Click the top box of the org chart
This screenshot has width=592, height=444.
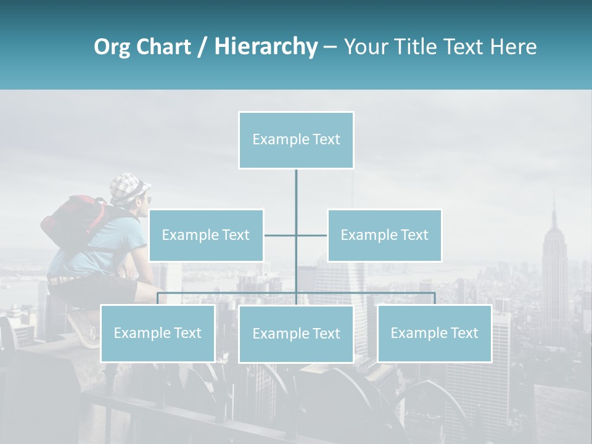tap(296, 140)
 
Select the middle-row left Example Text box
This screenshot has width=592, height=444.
tap(206, 235)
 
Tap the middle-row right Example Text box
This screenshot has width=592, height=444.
tap(384, 235)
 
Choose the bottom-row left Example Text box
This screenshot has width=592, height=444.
tap(157, 333)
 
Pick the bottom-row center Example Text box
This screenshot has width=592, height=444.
tap(296, 334)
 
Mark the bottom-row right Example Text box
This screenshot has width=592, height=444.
tap(434, 333)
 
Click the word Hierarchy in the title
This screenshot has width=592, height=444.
tap(265, 47)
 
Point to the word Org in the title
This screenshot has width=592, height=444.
tap(112, 47)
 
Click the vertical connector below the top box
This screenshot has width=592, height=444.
tap(296, 191)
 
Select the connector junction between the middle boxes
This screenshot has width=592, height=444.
tap(296, 235)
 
